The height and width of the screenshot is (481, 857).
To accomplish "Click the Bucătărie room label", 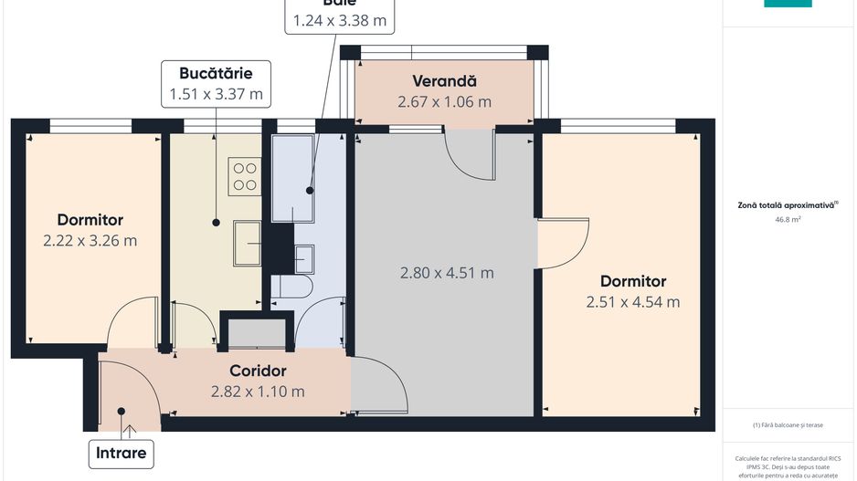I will pyautogui.click(x=216, y=72).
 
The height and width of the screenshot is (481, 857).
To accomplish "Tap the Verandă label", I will pyautogui.click(x=444, y=81).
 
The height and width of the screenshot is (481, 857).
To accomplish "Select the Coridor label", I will pyautogui.click(x=258, y=371).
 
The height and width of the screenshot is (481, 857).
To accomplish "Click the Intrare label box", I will pyautogui.click(x=122, y=452).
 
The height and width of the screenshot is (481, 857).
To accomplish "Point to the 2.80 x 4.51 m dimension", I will pyautogui.click(x=447, y=273).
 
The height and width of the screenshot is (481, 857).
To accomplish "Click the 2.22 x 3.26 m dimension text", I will pyautogui.click(x=90, y=241).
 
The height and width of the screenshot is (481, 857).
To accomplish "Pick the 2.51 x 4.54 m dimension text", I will pyautogui.click(x=632, y=302).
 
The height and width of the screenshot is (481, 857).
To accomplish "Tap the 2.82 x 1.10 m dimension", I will pyautogui.click(x=258, y=392).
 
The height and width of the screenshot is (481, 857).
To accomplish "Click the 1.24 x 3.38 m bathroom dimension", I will pyautogui.click(x=337, y=19).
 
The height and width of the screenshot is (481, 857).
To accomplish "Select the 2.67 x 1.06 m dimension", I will pyautogui.click(x=444, y=102).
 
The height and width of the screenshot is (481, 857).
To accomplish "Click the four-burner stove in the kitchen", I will pyautogui.click(x=244, y=175).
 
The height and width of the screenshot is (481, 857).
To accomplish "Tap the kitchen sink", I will pyautogui.click(x=248, y=243).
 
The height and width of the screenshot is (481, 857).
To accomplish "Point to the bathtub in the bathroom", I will pyautogui.click(x=292, y=178).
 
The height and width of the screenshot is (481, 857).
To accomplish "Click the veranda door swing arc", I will pyautogui.click(x=468, y=155).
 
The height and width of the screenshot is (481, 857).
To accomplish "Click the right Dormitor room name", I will pyautogui.click(x=632, y=281).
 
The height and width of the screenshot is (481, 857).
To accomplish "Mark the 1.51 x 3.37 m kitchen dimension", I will pyautogui.click(x=216, y=93).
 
